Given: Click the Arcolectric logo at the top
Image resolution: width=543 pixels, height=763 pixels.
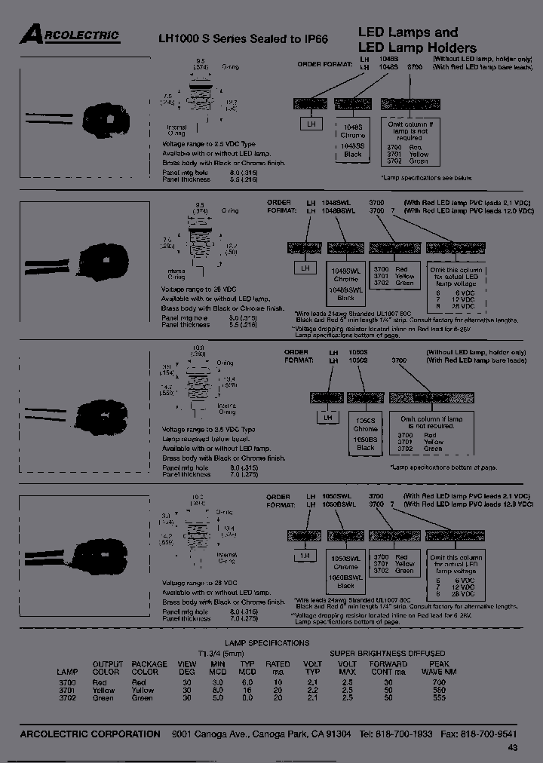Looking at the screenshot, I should pos(69,34).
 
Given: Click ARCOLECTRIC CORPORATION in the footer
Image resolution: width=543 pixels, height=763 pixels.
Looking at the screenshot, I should pos(90,734).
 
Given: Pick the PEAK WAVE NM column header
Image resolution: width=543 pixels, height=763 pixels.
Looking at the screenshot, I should pos(439,667).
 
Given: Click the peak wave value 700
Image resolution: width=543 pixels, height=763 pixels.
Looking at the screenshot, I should pos(440,682).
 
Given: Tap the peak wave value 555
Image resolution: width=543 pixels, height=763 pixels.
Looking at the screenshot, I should pos(440,698).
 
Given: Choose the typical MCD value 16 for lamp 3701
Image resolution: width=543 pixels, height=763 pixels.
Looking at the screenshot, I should pos(247,690).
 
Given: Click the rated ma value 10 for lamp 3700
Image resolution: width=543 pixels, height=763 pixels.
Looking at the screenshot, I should pos(278,682).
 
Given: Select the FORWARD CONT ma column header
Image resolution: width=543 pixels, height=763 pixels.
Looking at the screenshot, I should pos(388,667).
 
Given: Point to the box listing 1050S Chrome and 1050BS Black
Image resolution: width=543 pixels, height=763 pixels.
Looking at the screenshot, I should pos(365,434).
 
